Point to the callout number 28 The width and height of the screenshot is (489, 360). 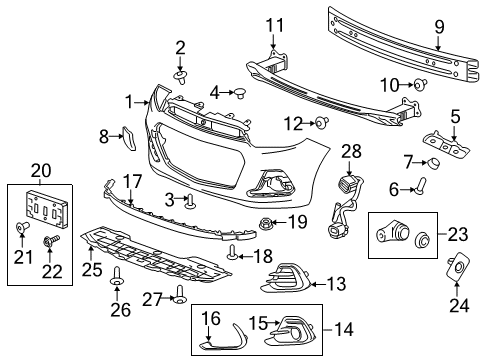click(350, 150)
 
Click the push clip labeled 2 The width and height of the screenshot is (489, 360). click(181, 74)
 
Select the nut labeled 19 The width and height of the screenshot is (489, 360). click(267, 220)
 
